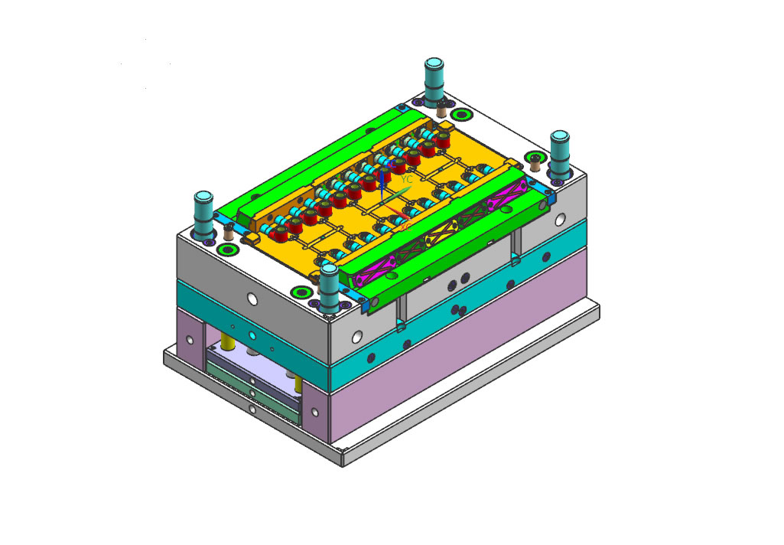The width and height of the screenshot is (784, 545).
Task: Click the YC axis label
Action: pyautogui.click(x=407, y=179)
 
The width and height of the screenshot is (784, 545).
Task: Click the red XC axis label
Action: pyautogui.click(x=406, y=225)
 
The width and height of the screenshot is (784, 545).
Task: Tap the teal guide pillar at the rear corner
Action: pyautogui.click(x=434, y=80)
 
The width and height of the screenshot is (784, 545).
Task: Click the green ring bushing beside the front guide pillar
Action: pyautogui.click(x=300, y=292)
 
